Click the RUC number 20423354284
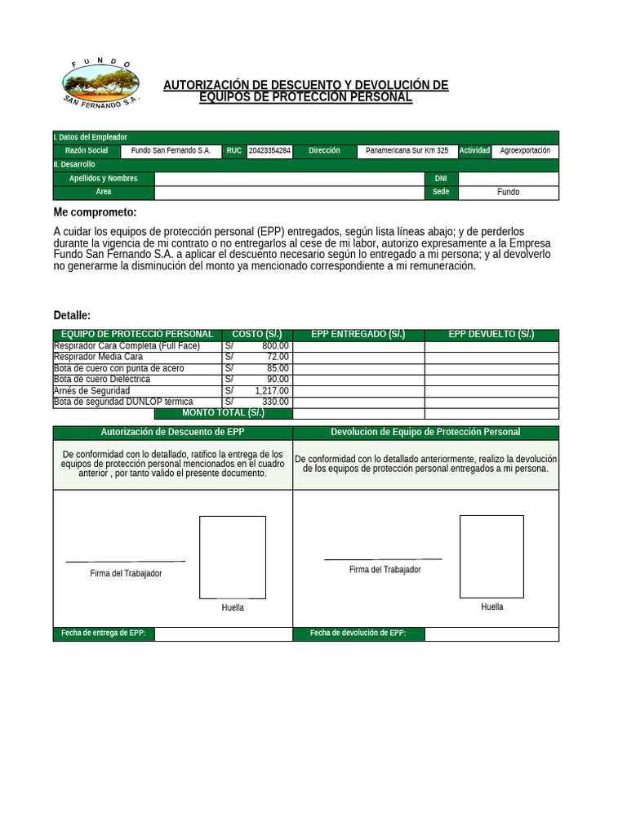click(x=269, y=151)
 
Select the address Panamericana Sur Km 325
click(x=407, y=151)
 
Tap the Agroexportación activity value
click(x=525, y=151)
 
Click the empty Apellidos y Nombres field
click(x=289, y=179)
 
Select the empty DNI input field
click(x=508, y=179)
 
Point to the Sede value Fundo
click(x=508, y=193)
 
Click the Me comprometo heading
click(x=95, y=213)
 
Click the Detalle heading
click(x=72, y=316)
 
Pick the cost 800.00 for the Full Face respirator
click(x=275, y=346)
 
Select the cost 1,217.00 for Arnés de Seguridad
click(x=272, y=391)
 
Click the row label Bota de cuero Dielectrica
click(x=102, y=380)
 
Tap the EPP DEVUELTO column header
click(x=491, y=335)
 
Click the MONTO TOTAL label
click(x=222, y=413)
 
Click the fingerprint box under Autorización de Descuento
click(x=233, y=558)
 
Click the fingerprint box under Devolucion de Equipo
click(x=491, y=556)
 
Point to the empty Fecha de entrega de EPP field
click(x=223, y=634)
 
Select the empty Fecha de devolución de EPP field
click(x=491, y=634)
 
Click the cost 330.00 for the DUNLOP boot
click(x=275, y=402)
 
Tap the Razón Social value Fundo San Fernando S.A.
click(x=171, y=151)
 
